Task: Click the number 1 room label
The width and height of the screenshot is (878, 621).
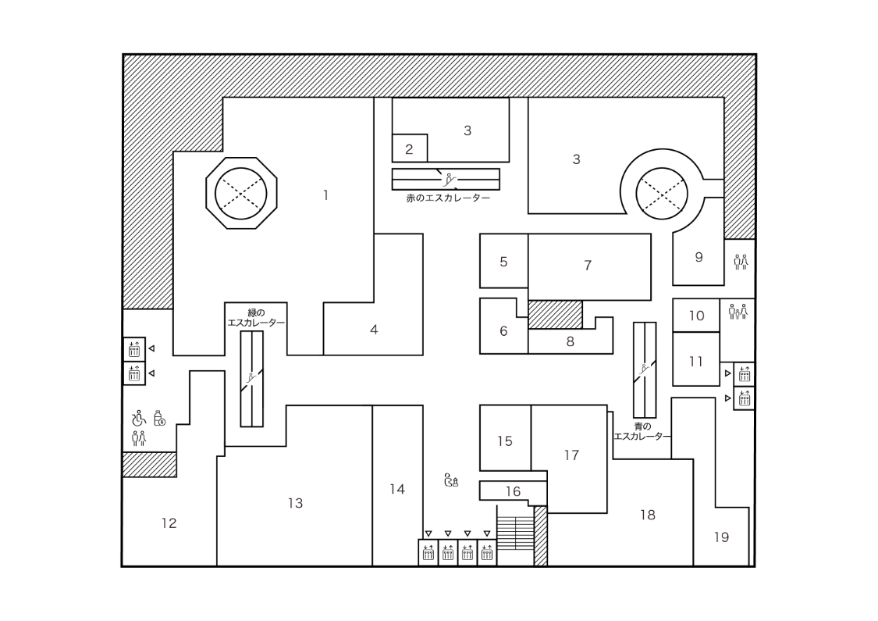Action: coord(325,195)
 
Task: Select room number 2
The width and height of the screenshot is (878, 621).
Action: coord(408,148)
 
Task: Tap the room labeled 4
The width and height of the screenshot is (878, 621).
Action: coord(374,330)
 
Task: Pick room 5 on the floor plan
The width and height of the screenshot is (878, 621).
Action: coord(503,262)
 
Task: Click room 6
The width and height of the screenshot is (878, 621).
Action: coord(503,331)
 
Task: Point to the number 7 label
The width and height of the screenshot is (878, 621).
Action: coord(588,266)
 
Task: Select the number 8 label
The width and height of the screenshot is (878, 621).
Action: coord(570,341)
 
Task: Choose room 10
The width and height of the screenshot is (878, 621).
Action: coord(696,316)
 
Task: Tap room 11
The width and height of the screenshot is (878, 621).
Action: coord(696,362)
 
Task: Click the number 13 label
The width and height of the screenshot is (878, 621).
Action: coord(295,503)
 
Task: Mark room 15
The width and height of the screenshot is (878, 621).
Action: coord(505,441)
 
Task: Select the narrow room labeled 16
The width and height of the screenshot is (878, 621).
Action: coord(513,491)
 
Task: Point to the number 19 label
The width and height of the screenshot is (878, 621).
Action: coord(721,537)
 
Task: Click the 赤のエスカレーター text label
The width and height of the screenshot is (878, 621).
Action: coord(448,198)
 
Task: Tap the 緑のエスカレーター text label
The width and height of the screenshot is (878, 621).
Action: coord(255,317)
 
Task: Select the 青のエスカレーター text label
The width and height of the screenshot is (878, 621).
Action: coord(642,431)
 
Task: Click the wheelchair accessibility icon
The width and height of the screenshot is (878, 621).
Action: coord(139,418)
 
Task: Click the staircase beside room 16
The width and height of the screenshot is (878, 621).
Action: coord(515,534)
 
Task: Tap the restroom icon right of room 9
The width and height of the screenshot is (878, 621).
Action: coord(741,262)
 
